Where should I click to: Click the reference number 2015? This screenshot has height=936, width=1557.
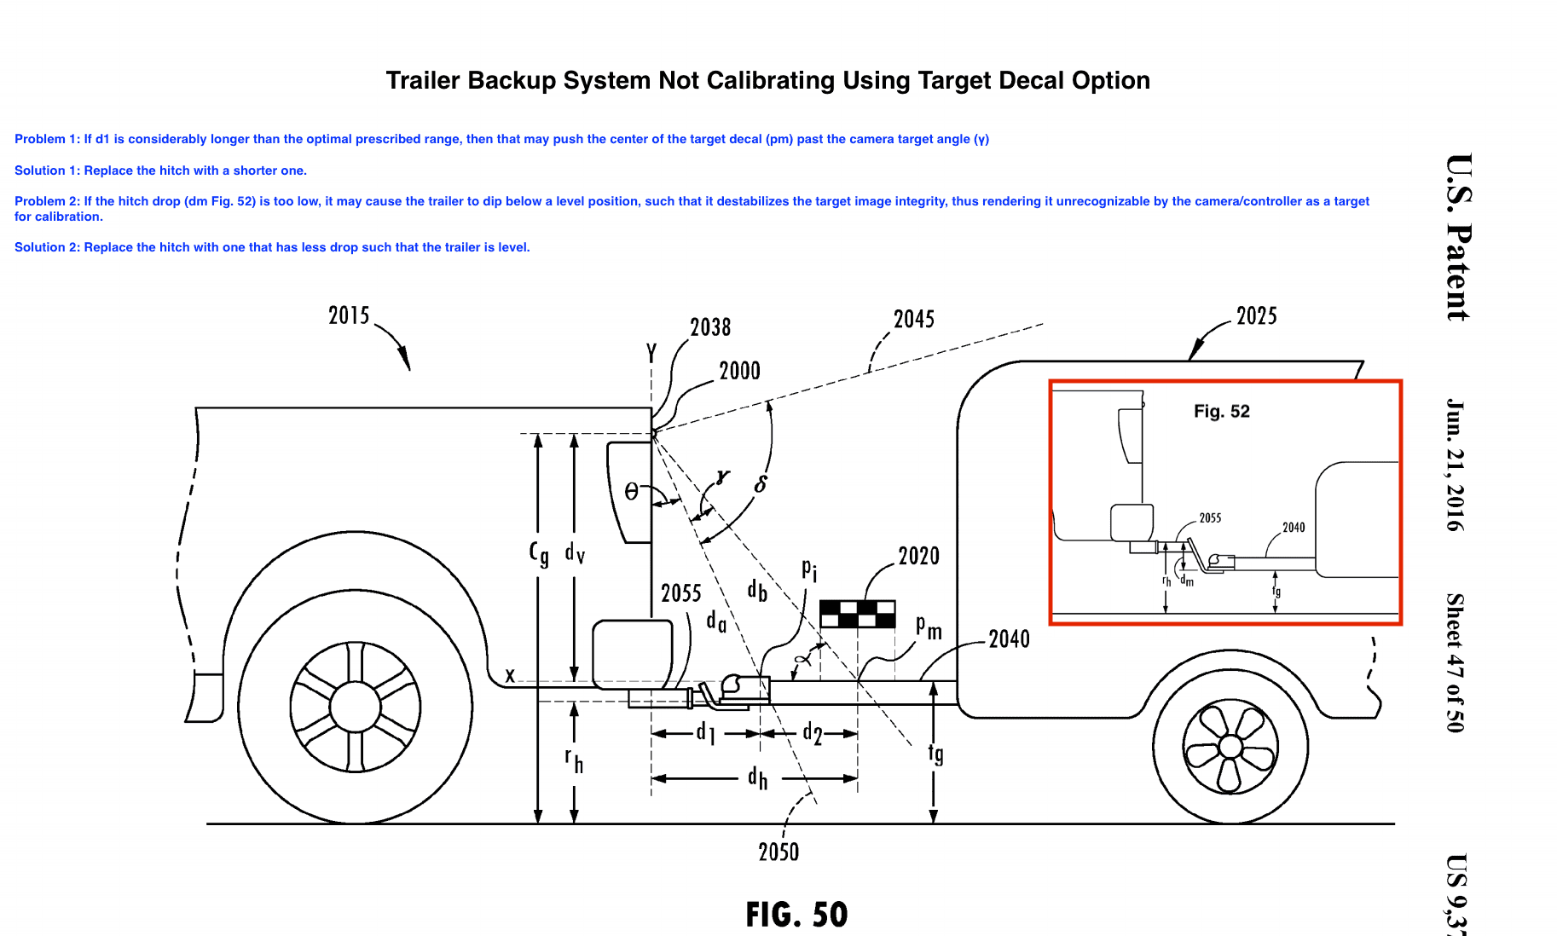[349, 316]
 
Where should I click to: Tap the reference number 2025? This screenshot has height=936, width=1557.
[1256, 316]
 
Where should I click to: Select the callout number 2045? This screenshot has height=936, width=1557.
[913, 320]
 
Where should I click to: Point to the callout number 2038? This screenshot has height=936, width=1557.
[709, 327]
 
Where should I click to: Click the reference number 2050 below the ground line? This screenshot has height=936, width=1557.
[778, 852]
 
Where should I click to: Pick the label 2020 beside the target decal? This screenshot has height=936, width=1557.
[918, 557]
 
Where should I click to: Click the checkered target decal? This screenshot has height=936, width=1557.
[857, 614]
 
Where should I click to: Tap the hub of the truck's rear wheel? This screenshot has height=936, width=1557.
[355, 707]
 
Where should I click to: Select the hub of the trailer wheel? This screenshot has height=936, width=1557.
[1230, 747]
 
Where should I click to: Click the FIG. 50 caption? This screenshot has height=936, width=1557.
[796, 915]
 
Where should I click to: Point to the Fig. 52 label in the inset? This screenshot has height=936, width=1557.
[1221, 412]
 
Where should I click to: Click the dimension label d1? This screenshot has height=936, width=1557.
[705, 732]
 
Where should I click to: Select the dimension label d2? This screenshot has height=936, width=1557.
[813, 733]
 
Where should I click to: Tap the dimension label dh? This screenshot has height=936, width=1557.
[757, 777]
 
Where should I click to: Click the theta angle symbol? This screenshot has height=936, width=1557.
[631, 492]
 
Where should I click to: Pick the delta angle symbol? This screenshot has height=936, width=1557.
[761, 484]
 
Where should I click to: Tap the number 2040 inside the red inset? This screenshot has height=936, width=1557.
[1293, 528]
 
